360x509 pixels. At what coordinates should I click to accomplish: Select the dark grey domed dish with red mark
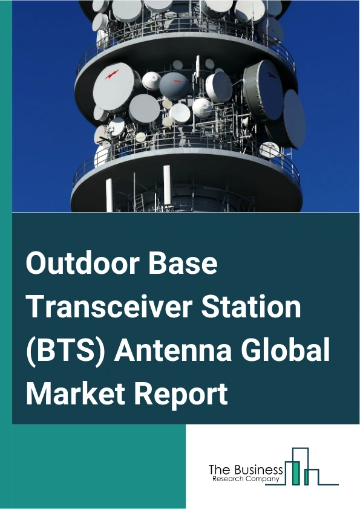pos(175,85)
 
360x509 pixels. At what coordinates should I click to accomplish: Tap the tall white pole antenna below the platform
pos(109,195)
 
